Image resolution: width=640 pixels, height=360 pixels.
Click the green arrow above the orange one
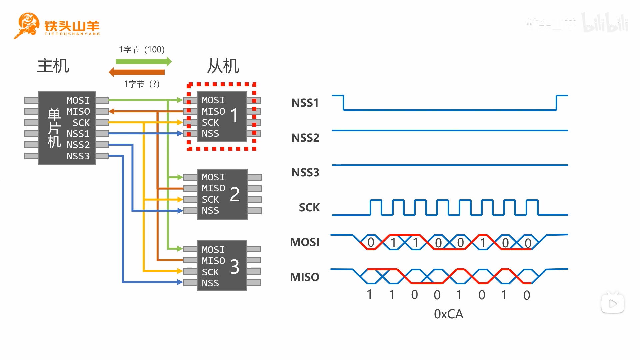point(144,61)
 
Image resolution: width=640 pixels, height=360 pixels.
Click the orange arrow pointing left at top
point(137,72)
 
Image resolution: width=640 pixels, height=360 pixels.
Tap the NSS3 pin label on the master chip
point(78,156)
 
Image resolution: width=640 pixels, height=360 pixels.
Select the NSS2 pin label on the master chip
point(78,145)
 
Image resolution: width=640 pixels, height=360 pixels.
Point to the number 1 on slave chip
point(235,115)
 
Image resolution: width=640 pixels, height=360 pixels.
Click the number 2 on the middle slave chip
point(235,194)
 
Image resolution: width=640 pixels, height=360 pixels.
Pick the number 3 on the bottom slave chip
point(235,267)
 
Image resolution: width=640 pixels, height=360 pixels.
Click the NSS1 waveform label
point(305,103)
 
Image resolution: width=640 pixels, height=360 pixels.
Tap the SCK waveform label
point(309,207)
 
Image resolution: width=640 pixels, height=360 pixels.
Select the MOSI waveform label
point(305,242)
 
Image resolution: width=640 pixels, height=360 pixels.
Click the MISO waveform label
point(305,277)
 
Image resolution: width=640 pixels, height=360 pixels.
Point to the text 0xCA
point(449,314)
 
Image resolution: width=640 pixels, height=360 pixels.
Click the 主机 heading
point(53,65)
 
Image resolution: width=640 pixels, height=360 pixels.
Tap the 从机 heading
point(223,66)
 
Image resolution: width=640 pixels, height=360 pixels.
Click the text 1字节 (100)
point(142,50)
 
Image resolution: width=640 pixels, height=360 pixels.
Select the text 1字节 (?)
point(142,84)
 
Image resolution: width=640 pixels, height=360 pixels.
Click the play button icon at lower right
point(613,303)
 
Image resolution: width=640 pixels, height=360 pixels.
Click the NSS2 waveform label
point(305,138)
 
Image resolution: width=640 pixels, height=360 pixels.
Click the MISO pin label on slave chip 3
point(213,261)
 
